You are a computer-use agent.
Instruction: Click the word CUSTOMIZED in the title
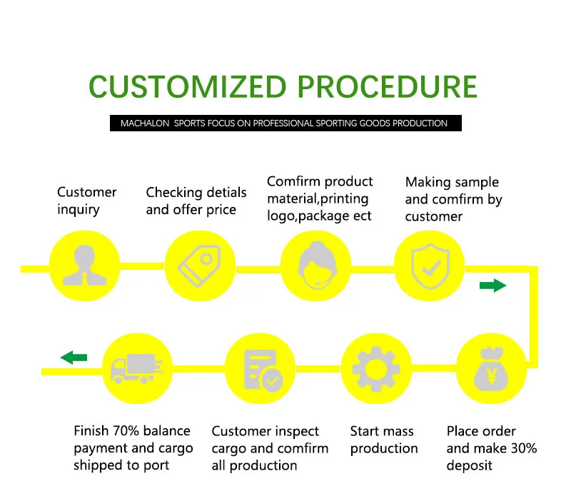188,86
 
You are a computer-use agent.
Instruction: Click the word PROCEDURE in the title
388,86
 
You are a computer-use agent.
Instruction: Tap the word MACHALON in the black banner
145,123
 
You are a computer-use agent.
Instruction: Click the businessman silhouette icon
84,265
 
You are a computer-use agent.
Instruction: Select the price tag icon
200,265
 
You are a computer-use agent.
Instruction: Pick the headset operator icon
317,265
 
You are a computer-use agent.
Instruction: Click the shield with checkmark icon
430,266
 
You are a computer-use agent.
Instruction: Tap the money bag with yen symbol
491,369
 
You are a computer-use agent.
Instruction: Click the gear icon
376,369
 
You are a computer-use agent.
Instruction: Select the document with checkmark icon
263,370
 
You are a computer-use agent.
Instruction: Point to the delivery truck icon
136,368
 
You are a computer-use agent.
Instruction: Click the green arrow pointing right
492,285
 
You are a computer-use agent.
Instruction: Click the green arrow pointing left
74,357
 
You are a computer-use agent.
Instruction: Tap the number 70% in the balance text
126,431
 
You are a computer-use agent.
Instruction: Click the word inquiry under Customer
79,210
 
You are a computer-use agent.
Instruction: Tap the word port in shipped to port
156,466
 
